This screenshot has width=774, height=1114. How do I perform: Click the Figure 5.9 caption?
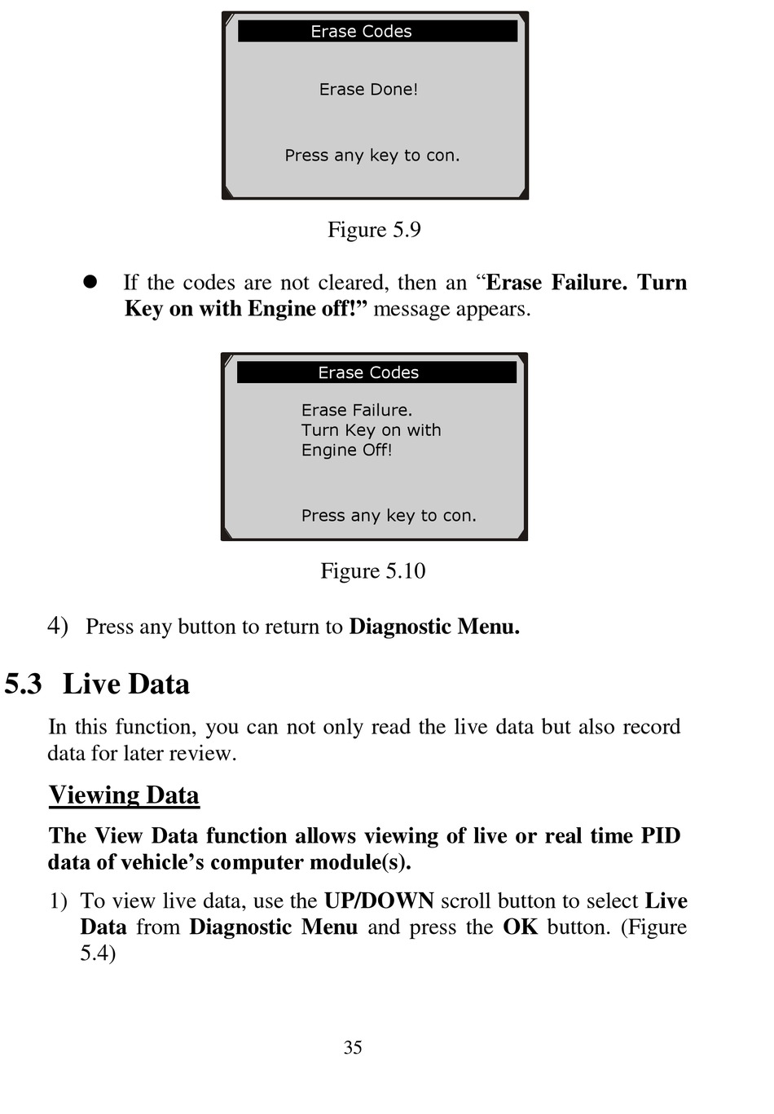(x=374, y=230)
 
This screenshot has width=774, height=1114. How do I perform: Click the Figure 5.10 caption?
(x=373, y=571)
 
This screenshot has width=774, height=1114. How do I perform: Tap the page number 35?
(x=353, y=1048)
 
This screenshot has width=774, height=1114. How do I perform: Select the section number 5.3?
(x=23, y=685)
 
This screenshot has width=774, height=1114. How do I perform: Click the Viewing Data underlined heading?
(x=124, y=795)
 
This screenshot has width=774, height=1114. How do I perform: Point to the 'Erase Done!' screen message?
(x=368, y=90)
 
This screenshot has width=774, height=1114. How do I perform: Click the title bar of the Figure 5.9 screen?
(x=377, y=32)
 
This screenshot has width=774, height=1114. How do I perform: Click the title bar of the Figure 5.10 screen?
(x=376, y=372)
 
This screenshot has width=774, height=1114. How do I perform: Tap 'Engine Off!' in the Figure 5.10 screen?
(x=346, y=451)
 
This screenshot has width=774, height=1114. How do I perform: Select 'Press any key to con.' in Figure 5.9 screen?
(x=372, y=156)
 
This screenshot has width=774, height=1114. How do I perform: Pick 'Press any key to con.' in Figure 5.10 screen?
(x=389, y=516)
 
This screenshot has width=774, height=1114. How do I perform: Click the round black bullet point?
(x=90, y=282)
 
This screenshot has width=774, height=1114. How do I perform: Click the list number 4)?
(x=57, y=626)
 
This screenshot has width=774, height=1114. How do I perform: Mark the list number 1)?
(x=58, y=901)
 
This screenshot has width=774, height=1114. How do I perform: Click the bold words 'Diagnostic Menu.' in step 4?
(x=434, y=627)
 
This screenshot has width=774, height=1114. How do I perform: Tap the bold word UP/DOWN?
(x=379, y=901)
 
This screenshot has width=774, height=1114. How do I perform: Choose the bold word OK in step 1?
(x=520, y=927)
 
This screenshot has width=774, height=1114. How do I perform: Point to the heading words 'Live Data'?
(x=126, y=685)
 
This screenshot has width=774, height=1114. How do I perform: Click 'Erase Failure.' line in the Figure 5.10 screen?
(x=357, y=411)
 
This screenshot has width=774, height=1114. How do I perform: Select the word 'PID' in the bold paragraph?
(x=660, y=836)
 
